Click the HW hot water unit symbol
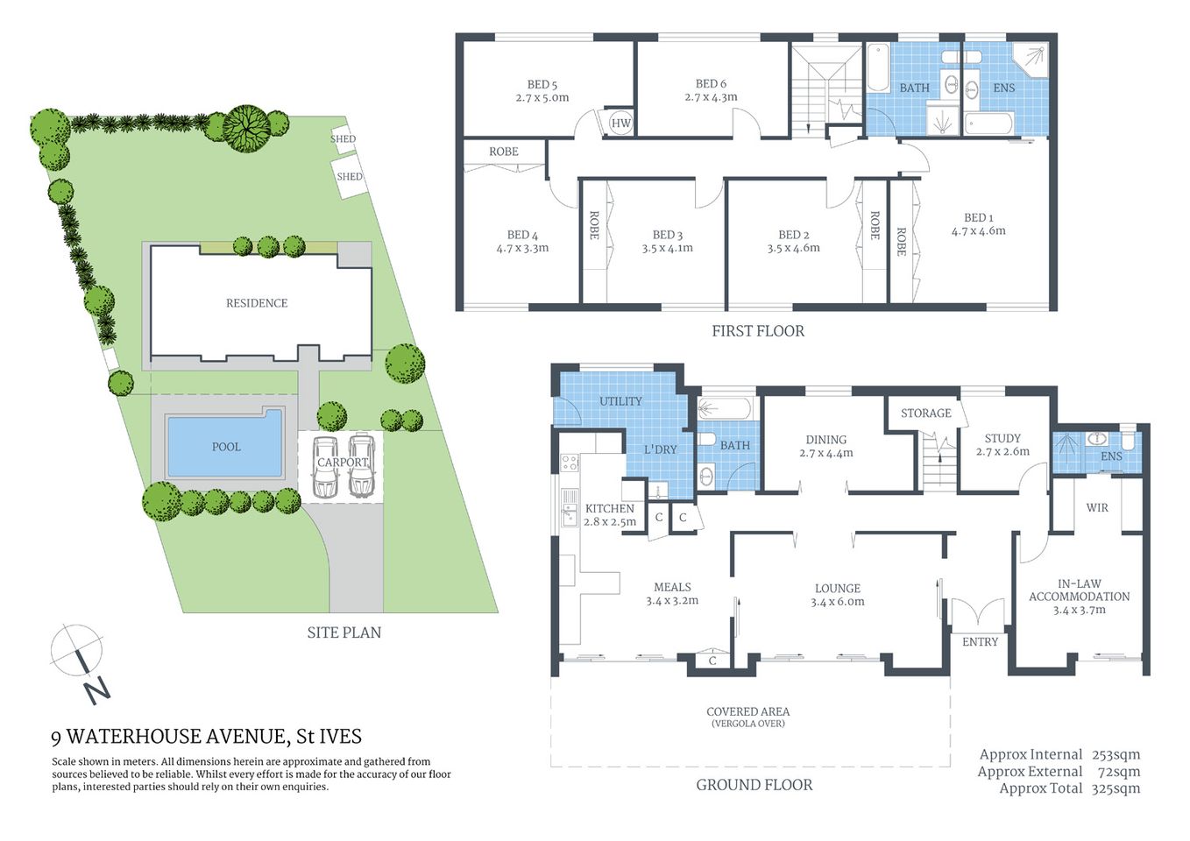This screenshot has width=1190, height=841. [x=620, y=124]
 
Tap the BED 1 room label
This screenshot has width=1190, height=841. [x=978, y=217]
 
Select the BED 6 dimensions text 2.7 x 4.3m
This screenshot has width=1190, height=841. [x=711, y=97]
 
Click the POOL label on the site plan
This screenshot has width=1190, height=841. [x=226, y=447]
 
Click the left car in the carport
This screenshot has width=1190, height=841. [x=325, y=466]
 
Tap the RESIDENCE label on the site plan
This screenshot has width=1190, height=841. [x=257, y=303]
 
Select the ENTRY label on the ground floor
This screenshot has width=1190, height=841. [x=980, y=642]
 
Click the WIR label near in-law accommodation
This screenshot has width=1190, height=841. [x=1097, y=508]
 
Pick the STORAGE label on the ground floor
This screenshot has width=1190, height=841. [x=925, y=413]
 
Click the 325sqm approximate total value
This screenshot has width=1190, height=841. [x=1116, y=788]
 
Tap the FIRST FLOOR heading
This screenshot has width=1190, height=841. [x=758, y=331]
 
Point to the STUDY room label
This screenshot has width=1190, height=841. [x=1002, y=438]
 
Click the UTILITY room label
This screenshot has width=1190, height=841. [x=620, y=401]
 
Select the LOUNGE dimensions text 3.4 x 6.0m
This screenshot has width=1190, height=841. [x=838, y=602]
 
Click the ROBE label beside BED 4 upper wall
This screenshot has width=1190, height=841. [x=504, y=152]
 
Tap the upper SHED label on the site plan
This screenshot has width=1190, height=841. [x=343, y=139]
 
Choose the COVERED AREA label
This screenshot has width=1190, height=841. [x=747, y=712]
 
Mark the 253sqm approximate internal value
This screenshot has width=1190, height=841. [x=1116, y=754]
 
